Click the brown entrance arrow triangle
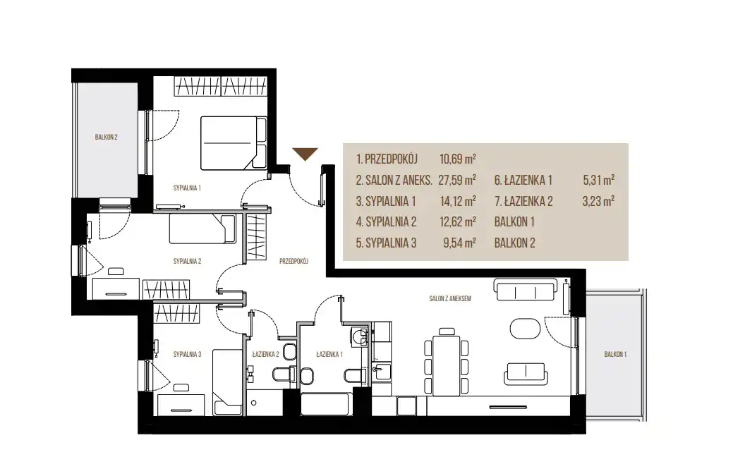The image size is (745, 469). point(305,154)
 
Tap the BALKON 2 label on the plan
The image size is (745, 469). point(106,138)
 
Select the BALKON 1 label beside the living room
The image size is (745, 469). point(615,354)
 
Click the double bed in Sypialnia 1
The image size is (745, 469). point(234,143)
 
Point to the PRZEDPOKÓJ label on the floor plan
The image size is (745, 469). point(293,261)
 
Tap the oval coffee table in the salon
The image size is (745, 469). point(525,329)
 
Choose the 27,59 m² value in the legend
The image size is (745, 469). point(458,180)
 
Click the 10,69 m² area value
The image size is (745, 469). point(458,159)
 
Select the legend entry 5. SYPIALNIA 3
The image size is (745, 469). point(386,243)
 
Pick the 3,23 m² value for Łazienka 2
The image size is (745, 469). point(598,201)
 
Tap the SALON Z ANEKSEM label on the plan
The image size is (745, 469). point(450,299)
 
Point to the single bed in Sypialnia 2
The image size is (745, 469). point(202,229)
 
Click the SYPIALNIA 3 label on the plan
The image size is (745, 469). point(187,355)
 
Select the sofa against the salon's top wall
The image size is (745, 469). point(525,289)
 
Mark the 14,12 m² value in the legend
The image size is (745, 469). point(458,201)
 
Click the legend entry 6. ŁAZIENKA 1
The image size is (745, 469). point(523,180)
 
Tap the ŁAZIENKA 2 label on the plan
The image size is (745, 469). point(265,354)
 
